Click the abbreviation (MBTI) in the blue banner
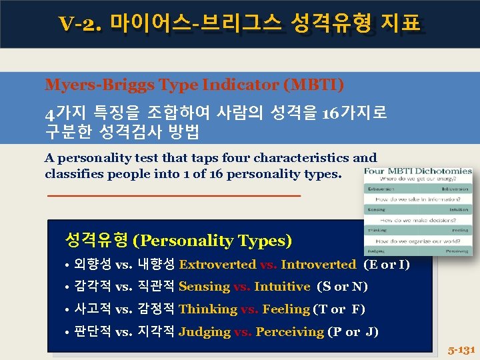[313, 85]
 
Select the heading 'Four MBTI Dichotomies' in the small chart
[419, 171]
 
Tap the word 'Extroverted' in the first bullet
[217, 265]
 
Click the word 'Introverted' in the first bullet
[318, 265]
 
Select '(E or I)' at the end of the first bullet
[387, 265]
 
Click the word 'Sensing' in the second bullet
[204, 287]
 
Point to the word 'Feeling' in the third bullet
[286, 309]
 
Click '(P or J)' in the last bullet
[353, 332]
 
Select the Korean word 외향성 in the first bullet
[93, 265]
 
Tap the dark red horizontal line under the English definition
[174, 195]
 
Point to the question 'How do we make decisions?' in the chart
[419, 220]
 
